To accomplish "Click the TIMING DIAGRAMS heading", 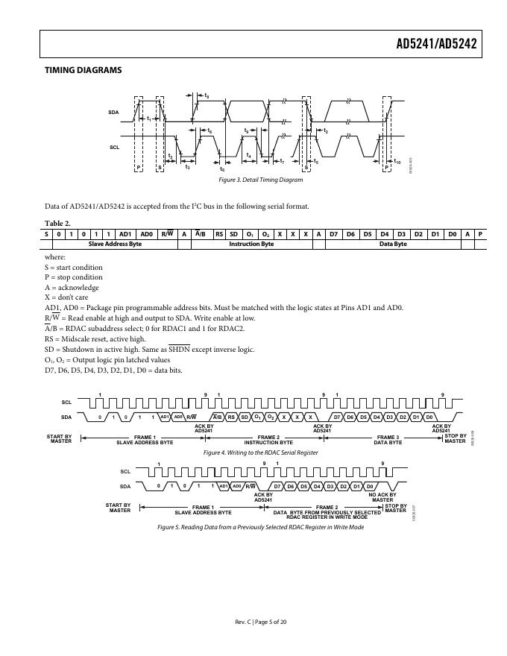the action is tap(84, 71).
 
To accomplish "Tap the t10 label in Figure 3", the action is tap(397, 162).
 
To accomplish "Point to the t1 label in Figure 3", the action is tap(149, 119).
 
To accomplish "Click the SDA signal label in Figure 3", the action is tap(113, 112).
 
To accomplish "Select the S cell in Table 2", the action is tap(46, 233).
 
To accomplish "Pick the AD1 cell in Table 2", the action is tap(125, 233).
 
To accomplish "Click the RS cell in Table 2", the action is tap(219, 233).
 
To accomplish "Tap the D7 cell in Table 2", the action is tap(333, 233).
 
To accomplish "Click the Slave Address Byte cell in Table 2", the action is tap(115, 244).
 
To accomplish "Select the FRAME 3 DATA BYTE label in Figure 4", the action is tap(388, 440).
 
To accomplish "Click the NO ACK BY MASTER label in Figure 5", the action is tap(382, 497).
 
